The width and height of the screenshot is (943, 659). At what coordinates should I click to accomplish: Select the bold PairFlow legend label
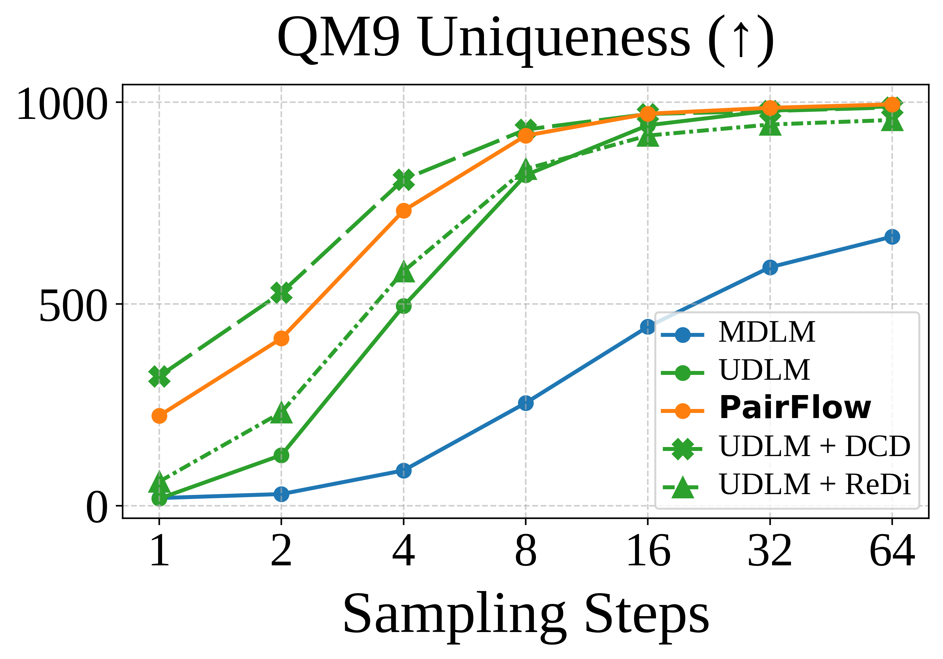[x=795, y=408]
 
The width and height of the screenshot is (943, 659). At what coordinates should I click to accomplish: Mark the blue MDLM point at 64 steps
[x=892, y=237]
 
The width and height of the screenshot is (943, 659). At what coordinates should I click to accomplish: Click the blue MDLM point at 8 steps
[x=526, y=403]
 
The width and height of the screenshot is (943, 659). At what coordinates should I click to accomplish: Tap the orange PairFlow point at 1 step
[x=159, y=416]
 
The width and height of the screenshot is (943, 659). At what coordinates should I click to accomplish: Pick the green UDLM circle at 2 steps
[x=281, y=455]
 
